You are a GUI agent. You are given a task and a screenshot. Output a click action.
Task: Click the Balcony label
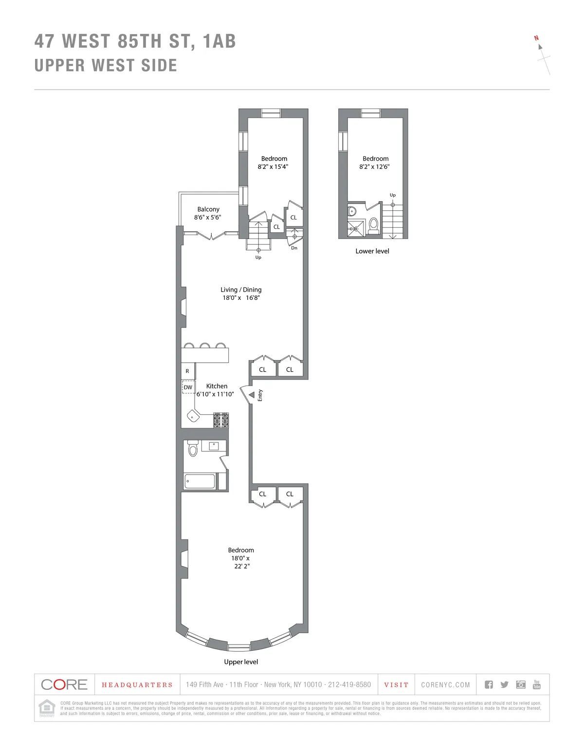coord(208,209)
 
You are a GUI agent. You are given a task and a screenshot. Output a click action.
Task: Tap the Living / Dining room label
coord(241,290)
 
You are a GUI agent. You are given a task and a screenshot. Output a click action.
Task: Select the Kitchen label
coord(217,386)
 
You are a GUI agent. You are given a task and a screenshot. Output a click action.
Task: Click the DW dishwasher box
coord(188,387)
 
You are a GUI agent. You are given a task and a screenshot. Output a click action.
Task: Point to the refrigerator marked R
coord(187,371)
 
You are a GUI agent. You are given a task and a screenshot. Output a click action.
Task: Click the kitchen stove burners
coord(221,420)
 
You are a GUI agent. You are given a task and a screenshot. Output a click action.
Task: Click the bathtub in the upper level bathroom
coord(200,481)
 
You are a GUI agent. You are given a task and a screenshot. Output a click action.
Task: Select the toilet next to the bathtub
coord(193,448)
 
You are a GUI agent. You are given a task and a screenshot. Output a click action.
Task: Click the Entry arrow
coord(251,395)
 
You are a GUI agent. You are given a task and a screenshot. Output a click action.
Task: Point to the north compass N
coord(537,38)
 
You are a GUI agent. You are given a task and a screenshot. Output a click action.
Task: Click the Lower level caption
coord(372,251)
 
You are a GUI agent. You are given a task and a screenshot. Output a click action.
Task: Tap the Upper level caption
coord(241,662)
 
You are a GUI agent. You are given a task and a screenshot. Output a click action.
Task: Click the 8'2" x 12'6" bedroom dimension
coord(374,166)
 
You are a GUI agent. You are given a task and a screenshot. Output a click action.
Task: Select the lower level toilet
coord(374,225)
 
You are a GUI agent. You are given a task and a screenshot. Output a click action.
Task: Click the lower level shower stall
coord(356,228)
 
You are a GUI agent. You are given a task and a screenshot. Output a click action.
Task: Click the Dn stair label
coord(294,248)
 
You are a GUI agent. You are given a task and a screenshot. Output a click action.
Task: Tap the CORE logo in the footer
coord(64,684)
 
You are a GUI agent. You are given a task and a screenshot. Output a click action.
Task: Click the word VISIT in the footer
coord(396,685)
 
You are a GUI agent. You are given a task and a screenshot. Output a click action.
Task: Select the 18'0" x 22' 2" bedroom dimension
coord(241,562)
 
